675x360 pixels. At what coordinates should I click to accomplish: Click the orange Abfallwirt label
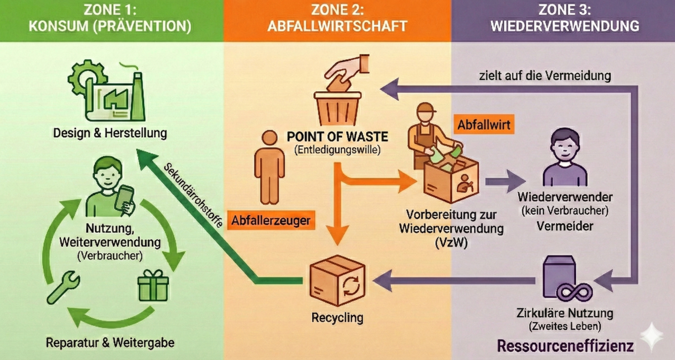coord(485,124)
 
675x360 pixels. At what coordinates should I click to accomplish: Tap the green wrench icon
coord(63,287)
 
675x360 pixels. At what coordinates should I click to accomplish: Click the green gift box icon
coord(153,286)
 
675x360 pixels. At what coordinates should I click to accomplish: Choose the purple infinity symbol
coord(575,292)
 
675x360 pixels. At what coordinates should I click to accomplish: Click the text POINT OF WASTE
coord(337,137)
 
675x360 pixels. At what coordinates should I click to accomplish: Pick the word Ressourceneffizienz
coord(565,346)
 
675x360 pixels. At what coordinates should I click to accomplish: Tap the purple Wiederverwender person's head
coord(564,144)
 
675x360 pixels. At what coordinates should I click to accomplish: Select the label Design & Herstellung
coord(110,133)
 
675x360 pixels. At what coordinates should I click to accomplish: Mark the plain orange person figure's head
coord(269,139)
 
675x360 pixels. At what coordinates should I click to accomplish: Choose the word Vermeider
coord(564,226)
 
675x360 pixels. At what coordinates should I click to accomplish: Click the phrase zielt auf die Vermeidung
coord(545,76)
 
